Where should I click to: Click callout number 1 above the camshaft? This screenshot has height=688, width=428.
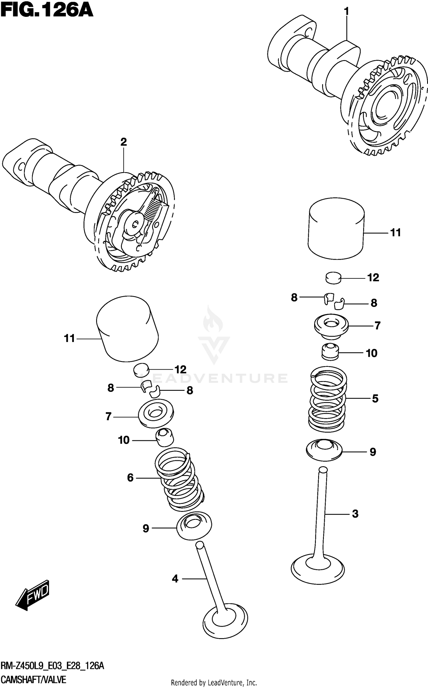346,12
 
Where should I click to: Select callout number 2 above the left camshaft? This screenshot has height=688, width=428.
123,142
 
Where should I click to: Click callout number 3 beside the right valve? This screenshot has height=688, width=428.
355,514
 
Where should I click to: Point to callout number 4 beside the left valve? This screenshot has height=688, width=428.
175,579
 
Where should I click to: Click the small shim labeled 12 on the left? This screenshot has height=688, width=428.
141,370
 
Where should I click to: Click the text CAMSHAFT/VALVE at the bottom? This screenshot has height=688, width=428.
33,680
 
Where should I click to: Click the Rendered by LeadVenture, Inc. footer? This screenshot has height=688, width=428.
214,683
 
